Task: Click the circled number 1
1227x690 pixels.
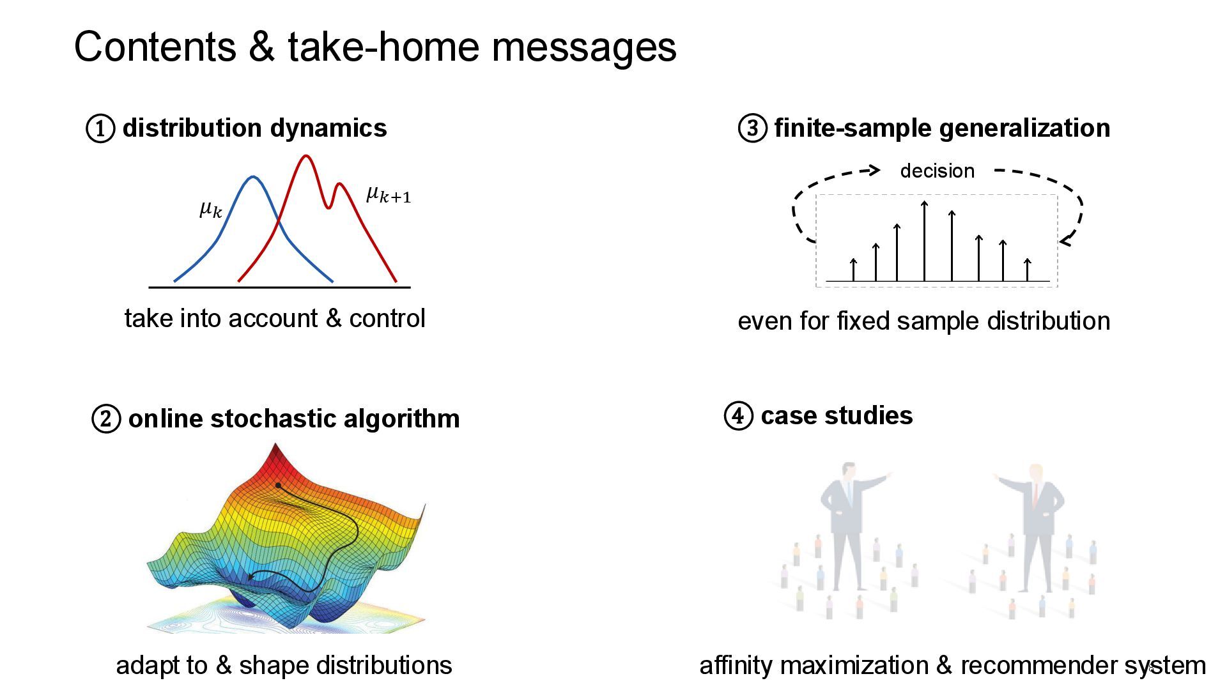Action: [100, 128]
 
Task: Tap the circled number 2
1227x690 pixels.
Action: [106, 419]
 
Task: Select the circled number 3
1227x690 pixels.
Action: [752, 128]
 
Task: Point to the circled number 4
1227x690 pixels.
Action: [738, 416]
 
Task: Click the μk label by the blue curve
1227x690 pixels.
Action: [211, 208]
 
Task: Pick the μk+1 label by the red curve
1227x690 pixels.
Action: [388, 194]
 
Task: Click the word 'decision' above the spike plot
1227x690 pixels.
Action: [937, 171]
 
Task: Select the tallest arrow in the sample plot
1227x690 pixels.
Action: [924, 241]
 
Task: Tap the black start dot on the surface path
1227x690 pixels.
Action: [279, 486]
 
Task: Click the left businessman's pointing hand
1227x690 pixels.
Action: [888, 476]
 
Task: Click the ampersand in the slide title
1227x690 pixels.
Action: [261, 47]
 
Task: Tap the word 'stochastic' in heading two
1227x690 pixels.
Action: [276, 419]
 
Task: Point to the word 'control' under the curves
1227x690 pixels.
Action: [387, 319]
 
